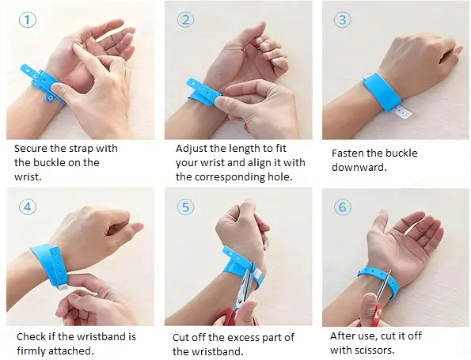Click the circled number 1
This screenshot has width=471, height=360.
(x=28, y=20)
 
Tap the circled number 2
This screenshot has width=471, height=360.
(x=185, y=20)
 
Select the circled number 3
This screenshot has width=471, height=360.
(x=343, y=20)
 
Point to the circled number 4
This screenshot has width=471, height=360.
(x=28, y=207)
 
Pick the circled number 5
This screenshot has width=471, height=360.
(x=185, y=207)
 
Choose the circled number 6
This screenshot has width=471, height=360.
(x=343, y=207)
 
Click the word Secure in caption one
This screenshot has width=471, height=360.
(x=31, y=148)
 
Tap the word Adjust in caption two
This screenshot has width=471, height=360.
(x=192, y=149)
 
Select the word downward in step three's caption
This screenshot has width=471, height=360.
(x=359, y=167)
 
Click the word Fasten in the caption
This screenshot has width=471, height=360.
(x=348, y=153)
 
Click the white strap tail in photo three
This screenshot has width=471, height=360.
(x=403, y=111)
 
